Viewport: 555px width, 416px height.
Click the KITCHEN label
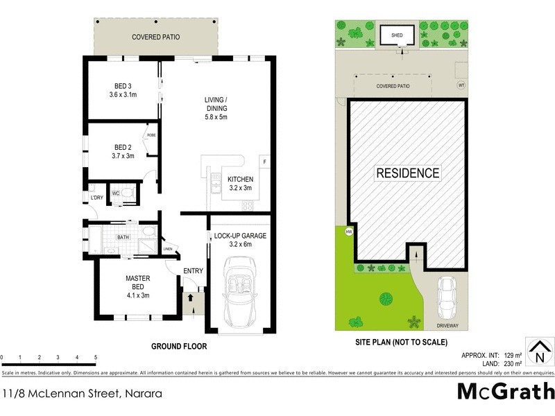point(240,180)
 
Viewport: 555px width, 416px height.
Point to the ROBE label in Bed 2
point(151,135)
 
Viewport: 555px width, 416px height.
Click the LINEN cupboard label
point(167,249)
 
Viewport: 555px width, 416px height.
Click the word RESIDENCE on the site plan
point(407,173)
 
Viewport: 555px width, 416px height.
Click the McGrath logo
point(506,392)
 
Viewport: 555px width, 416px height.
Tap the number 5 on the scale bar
point(95,357)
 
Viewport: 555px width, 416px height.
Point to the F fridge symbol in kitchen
point(264,162)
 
